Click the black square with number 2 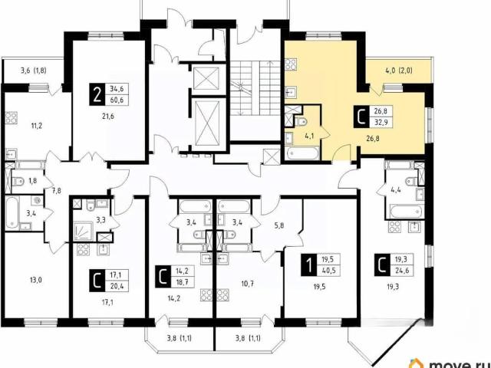[x=97, y=94]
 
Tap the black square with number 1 [x=309, y=265]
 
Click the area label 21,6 [x=107, y=117]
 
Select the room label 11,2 [x=36, y=126]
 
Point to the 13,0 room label [x=36, y=280]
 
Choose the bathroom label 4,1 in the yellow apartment [x=308, y=136]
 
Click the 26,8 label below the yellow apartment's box [x=373, y=138]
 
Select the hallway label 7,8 [x=57, y=191]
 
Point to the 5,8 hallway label [x=279, y=225]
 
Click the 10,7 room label [x=247, y=284]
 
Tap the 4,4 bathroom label [x=396, y=189]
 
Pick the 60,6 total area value [x=117, y=100]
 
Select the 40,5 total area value [x=328, y=271]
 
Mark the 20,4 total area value [x=117, y=286]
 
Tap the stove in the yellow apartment [x=292, y=64]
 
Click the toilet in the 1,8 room [x=18, y=181]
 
